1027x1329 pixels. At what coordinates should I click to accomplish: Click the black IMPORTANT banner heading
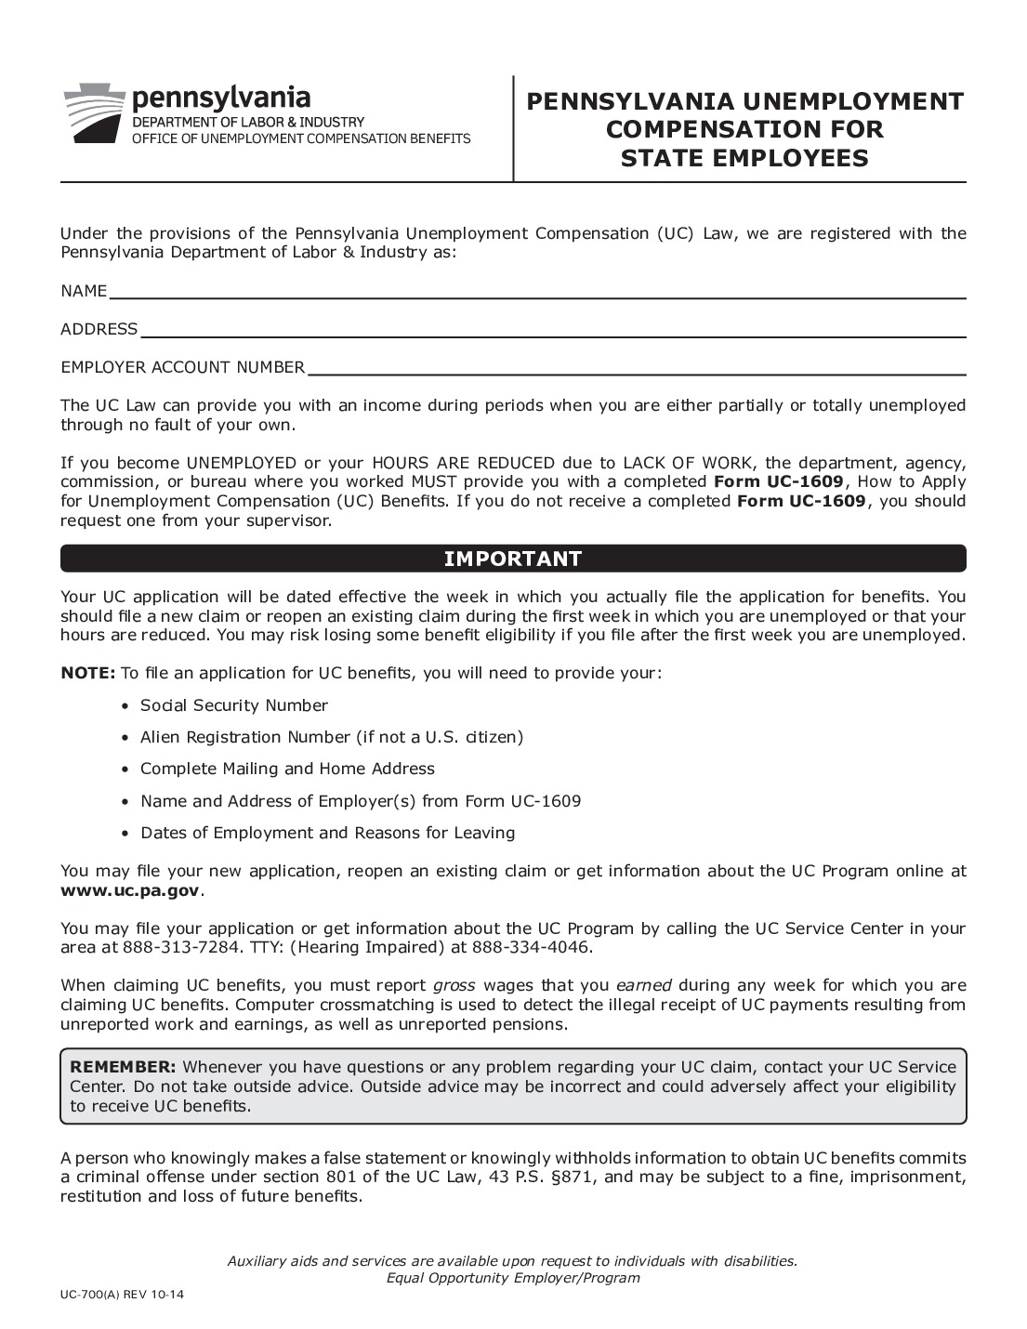[513, 559]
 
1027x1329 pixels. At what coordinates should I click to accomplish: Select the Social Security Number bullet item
[233, 705]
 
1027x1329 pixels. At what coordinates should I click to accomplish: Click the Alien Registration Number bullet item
[332, 737]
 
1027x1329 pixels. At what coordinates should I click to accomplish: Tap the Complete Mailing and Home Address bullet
[287, 769]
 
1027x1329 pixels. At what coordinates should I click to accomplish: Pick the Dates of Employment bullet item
[327, 833]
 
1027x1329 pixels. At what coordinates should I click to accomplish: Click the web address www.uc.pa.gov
[129, 890]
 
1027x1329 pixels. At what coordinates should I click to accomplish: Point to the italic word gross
[454, 985]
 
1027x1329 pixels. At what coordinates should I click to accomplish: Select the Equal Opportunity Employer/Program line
[513, 1278]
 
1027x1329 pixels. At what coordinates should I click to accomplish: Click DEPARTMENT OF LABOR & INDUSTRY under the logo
[248, 122]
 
